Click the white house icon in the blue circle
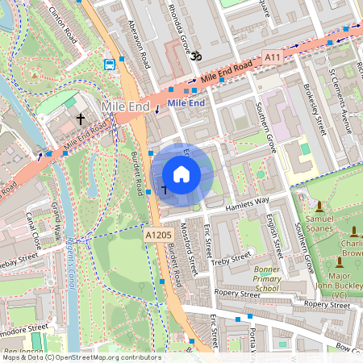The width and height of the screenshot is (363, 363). pyautogui.click(x=181, y=174)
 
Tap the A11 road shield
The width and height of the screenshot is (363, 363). pyautogui.click(x=273, y=56)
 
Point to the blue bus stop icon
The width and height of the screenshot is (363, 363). pyautogui.click(x=109, y=64)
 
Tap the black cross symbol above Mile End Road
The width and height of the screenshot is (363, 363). pyautogui.click(x=80, y=119)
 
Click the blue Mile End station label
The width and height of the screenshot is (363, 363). pyautogui.click(x=186, y=103)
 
